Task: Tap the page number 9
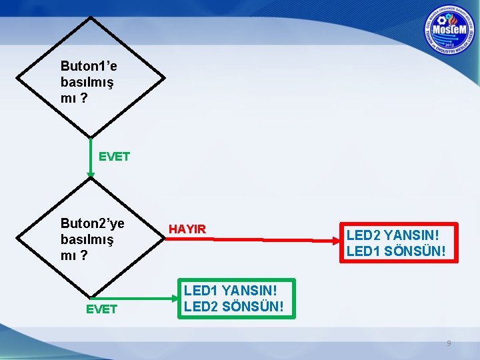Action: click(449, 343)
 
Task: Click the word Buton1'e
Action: click(89, 66)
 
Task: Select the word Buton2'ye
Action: click(92, 223)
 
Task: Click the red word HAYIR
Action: click(187, 229)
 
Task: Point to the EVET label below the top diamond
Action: click(114, 157)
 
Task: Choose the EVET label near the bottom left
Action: click(101, 309)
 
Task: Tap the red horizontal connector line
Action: click(273, 239)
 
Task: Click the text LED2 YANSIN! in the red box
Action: click(393, 235)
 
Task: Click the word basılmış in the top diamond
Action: click(87, 83)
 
